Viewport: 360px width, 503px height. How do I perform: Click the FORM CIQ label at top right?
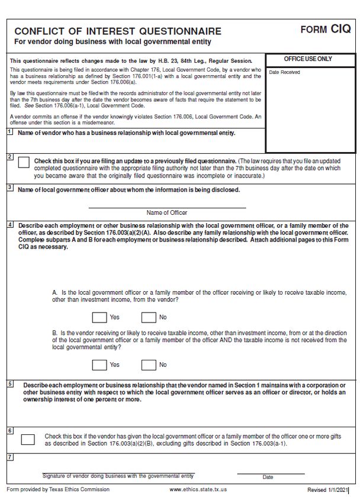[x=325, y=29]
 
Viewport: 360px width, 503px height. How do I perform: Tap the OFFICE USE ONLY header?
[x=308, y=59]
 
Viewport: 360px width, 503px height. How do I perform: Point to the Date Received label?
[x=284, y=73]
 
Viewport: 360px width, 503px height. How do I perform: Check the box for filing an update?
[x=24, y=162]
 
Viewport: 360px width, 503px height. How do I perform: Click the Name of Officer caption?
[x=167, y=212]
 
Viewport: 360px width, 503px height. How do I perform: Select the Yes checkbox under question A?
[x=99, y=317]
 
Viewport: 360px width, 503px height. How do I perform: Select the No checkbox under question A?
[x=148, y=317]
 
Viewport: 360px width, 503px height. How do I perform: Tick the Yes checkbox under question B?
[x=99, y=365]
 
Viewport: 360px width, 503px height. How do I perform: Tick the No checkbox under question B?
[x=148, y=365]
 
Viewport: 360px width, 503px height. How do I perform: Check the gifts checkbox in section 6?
[x=28, y=439]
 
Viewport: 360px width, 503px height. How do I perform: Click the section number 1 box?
[x=10, y=132]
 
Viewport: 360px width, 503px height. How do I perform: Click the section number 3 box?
[x=10, y=188]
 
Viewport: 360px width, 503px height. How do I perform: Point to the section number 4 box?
[x=10, y=225]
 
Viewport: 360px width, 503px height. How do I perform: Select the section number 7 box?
[x=10, y=457]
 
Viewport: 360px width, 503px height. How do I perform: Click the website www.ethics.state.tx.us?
[x=198, y=489]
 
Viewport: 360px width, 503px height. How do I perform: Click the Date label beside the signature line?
[x=268, y=477]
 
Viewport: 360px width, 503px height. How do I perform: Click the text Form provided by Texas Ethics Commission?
[x=58, y=489]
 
